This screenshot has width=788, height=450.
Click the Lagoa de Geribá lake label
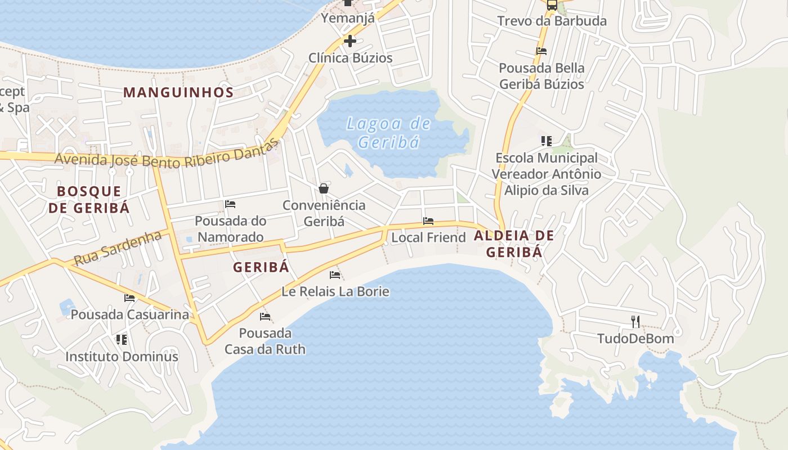click(x=388, y=133)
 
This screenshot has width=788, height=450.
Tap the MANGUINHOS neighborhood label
click(x=178, y=93)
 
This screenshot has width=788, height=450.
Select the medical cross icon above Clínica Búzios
click(x=350, y=41)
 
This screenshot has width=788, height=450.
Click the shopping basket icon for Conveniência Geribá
click(x=324, y=188)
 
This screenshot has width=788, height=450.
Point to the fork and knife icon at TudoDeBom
click(x=635, y=322)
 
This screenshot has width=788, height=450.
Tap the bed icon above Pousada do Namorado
click(x=230, y=204)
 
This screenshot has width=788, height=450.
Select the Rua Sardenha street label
click(x=118, y=248)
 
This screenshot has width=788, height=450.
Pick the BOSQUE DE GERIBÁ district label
click(x=89, y=199)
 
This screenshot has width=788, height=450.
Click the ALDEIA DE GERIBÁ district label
click(x=514, y=244)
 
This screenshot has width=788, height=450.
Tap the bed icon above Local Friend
click(x=428, y=221)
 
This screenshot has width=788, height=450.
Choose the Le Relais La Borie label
click(x=335, y=291)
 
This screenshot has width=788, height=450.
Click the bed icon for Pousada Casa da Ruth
click(x=265, y=317)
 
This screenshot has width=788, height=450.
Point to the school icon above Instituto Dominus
click(x=122, y=340)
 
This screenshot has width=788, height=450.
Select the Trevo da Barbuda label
click(x=552, y=21)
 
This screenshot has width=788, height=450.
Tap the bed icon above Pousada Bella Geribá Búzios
click(x=541, y=51)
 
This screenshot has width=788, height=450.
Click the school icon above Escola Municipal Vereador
click(x=546, y=141)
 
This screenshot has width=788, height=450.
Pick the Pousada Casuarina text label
click(x=129, y=314)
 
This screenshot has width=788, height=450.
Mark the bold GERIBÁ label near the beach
click(x=261, y=267)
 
